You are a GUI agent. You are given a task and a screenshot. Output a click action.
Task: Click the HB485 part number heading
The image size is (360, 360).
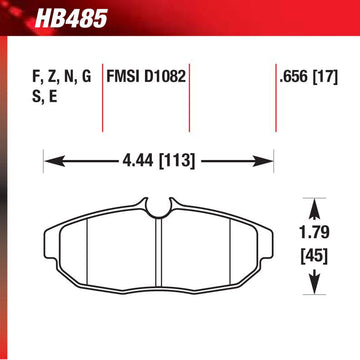click(x=71, y=19)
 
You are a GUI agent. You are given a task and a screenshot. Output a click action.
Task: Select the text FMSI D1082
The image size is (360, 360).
click(x=146, y=77)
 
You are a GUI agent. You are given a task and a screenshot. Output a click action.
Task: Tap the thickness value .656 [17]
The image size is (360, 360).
click(x=309, y=77)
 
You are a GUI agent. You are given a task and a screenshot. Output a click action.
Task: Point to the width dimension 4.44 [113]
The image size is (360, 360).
click(x=158, y=161)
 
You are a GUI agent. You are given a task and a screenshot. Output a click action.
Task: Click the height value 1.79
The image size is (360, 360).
click(x=314, y=233)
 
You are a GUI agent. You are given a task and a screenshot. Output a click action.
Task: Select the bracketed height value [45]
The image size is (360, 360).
click(x=314, y=257)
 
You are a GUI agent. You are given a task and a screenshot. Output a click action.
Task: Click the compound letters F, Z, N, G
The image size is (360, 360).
click(x=61, y=77)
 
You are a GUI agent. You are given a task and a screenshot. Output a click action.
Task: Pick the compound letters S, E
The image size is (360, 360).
click(x=44, y=97)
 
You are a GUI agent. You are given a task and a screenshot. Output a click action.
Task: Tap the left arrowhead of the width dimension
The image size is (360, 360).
click(x=55, y=162)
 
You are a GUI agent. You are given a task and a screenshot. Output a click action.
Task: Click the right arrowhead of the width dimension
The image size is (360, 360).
click(x=263, y=162)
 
